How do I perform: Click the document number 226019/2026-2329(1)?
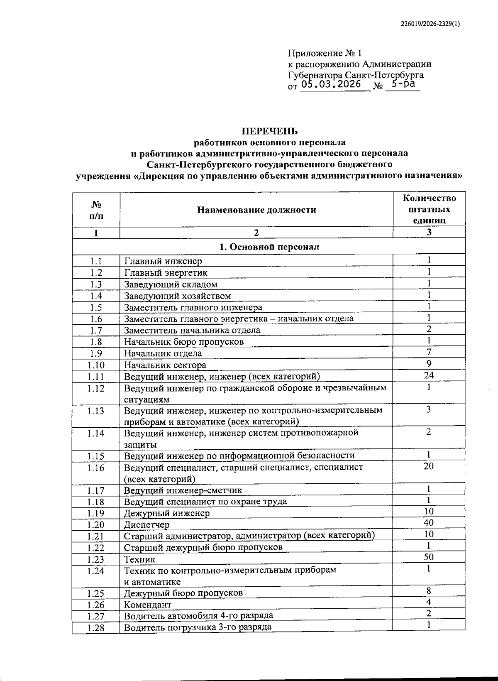click(x=430, y=24)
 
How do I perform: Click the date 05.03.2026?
click(x=331, y=85)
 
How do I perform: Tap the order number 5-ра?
click(x=403, y=84)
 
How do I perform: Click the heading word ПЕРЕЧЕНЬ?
click(x=270, y=131)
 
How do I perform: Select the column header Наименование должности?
click(x=256, y=210)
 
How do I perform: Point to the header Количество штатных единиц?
click(x=429, y=209)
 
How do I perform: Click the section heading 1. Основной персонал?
click(x=269, y=247)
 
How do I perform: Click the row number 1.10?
click(x=96, y=365)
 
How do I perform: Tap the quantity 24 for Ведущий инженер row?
click(x=429, y=375)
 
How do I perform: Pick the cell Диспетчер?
click(x=146, y=524)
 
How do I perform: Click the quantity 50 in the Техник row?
click(x=429, y=557)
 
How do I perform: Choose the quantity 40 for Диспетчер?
click(x=429, y=522)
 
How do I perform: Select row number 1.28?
click(x=96, y=628)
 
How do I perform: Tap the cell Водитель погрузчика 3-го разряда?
click(x=198, y=627)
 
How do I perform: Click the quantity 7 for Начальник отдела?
click(x=429, y=352)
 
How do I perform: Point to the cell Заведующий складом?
click(x=171, y=284)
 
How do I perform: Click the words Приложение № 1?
click(x=325, y=53)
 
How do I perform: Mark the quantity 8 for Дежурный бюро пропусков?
click(x=429, y=591)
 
